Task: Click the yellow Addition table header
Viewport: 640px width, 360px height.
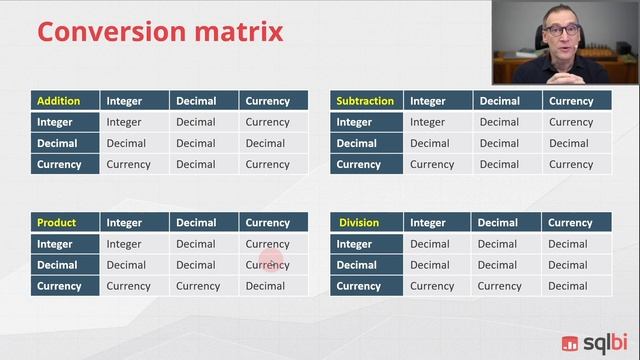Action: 56,101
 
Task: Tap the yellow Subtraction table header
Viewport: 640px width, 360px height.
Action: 364,101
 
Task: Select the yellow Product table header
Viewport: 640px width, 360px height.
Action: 56,223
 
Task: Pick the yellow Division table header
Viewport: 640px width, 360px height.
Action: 359,223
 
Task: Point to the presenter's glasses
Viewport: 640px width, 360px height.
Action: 560,31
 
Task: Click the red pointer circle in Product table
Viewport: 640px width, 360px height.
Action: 272,263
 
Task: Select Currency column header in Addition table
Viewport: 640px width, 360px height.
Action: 267,101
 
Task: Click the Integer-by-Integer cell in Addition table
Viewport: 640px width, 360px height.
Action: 124,122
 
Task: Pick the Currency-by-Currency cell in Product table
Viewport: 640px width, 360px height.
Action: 265,286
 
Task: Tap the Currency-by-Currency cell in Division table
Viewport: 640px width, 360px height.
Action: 567,286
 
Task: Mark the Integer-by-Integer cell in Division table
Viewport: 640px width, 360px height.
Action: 429,244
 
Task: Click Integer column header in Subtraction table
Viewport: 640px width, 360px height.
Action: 428,101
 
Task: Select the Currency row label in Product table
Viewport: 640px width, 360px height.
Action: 58,286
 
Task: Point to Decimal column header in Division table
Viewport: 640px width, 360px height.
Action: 497,223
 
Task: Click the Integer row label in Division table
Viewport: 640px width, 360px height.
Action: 354,244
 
